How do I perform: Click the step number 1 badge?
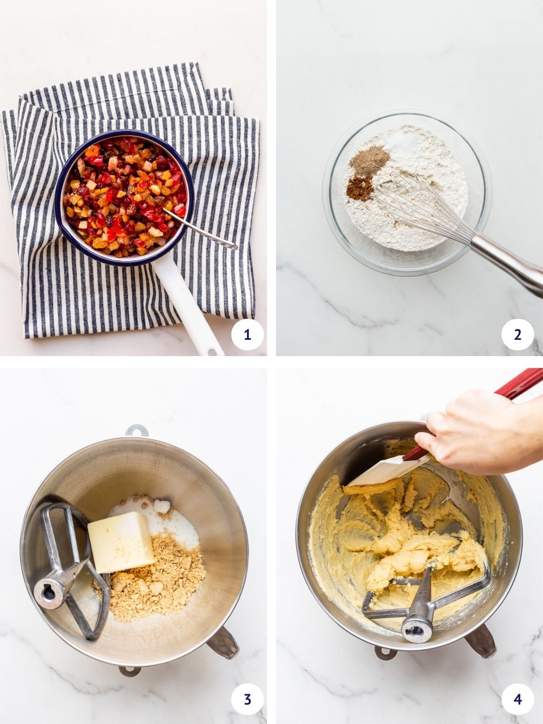[247, 334]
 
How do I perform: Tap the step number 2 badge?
[518, 334]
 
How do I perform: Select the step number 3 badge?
[247, 699]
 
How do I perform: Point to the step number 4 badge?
[518, 699]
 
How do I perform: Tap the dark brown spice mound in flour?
[360, 188]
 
